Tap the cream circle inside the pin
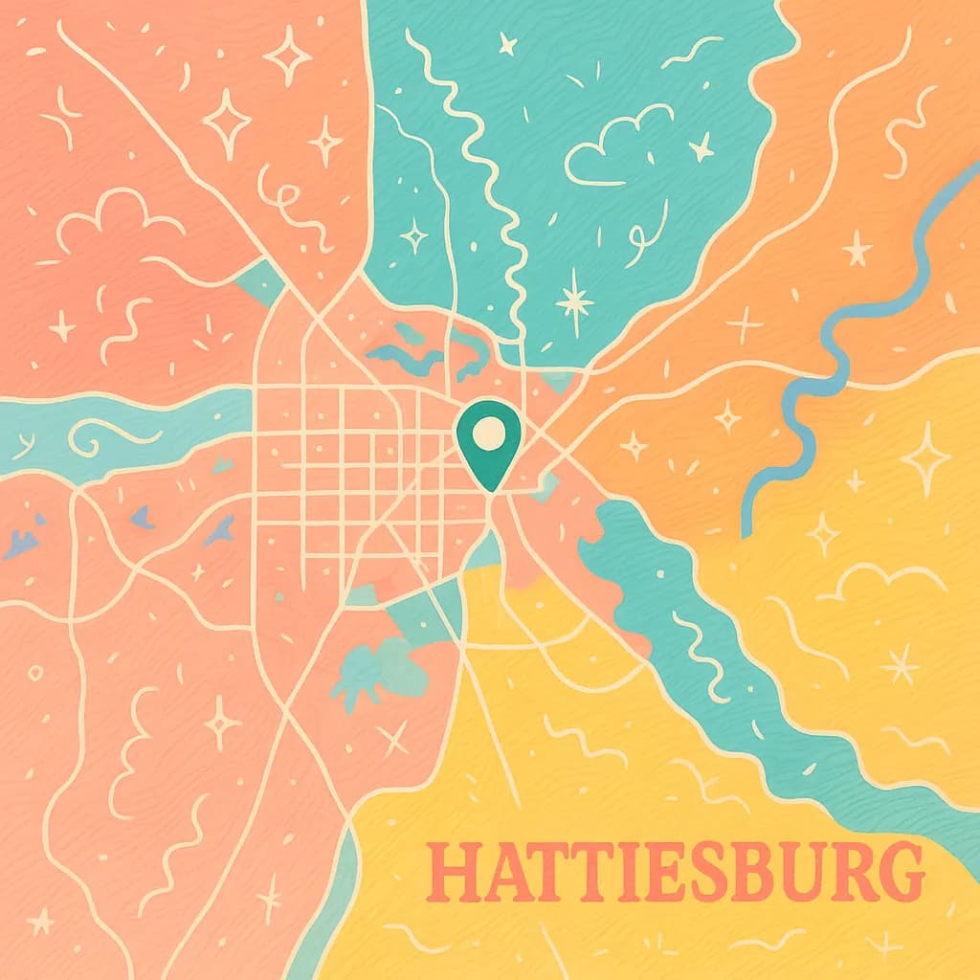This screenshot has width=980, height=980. pos(489,432)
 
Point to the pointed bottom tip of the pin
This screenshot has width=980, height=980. pos(490,489)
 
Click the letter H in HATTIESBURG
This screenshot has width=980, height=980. pos(449,873)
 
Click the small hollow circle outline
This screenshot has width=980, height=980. pos(35,673)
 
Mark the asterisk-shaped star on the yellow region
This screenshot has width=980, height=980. pos(900,663)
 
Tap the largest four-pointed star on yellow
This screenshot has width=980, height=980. pos(925,458)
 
